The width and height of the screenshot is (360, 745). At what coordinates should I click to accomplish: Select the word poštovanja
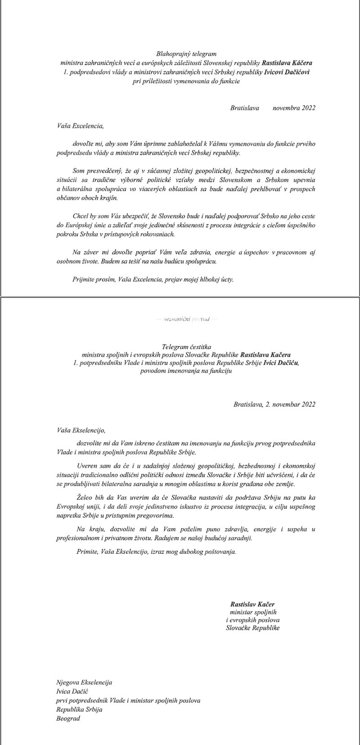pyautogui.click(x=219, y=551)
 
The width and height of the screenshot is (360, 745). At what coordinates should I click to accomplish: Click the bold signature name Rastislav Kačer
pyautogui.click(x=252, y=604)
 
